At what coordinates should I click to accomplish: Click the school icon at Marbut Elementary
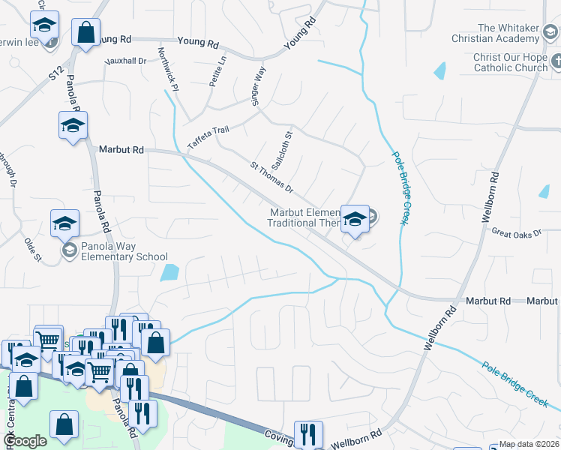point(355,218)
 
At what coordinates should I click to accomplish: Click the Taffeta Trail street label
point(208,139)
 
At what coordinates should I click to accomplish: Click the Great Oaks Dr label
point(516,234)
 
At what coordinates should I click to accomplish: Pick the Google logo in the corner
point(25,441)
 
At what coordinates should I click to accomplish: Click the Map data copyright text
point(529,444)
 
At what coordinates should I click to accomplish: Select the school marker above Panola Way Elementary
point(64,223)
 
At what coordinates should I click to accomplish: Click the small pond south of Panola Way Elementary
point(169,272)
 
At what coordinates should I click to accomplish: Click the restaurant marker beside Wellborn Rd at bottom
point(307,433)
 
